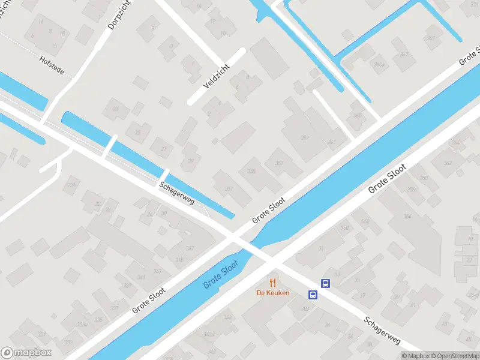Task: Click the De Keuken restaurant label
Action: click(x=273, y=293)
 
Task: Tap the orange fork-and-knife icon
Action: click(x=273, y=282)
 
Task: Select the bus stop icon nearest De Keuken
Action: click(x=313, y=295)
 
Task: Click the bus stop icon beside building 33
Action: click(x=325, y=283)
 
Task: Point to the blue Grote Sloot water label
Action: click(x=221, y=275)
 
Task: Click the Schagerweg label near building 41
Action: click(x=382, y=330)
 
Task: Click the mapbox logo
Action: click(x=27, y=353)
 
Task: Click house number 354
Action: click(x=407, y=217)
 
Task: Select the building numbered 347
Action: click(x=190, y=248)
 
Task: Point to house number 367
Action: click(x=404, y=55)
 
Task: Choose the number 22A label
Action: click(x=73, y=186)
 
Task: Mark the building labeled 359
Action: click(x=305, y=138)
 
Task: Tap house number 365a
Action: click(x=378, y=64)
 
